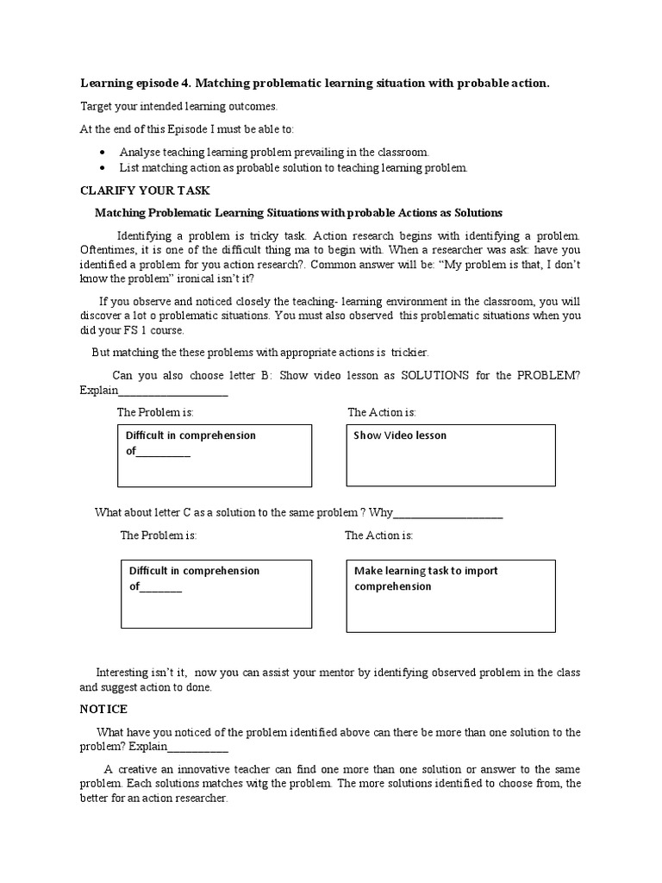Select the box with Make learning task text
coord(451,595)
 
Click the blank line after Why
coord(448,513)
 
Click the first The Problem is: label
coord(155,413)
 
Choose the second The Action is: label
coord(378,535)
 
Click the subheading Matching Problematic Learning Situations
coord(298,212)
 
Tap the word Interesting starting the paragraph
coord(125,672)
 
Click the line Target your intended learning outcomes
coord(178,106)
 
